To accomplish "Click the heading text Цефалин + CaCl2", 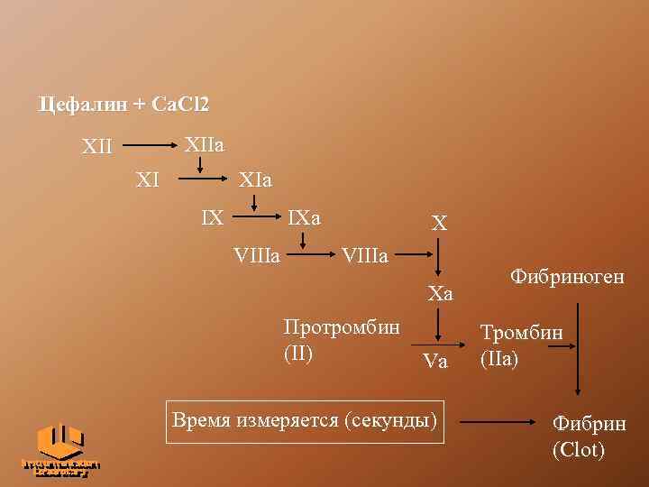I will tap(123, 105).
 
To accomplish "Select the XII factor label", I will tap(97, 145).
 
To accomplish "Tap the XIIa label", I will tap(205, 143).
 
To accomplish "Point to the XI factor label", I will tap(147, 179).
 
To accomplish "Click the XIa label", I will tap(254, 179).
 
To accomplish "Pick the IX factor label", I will tap(213, 217).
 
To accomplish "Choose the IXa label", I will tap(304, 217).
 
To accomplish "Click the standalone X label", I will tap(439, 223).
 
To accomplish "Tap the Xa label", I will tap(440, 294).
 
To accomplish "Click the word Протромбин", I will tap(342, 326).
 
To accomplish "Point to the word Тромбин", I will tap(522, 333).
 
